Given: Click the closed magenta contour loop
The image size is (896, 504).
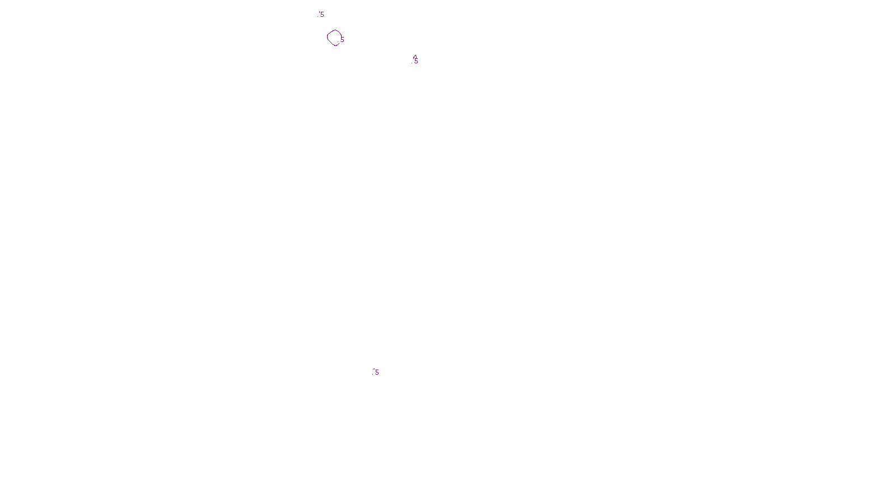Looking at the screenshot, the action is [334, 38].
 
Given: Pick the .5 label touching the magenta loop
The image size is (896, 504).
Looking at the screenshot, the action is [342, 40].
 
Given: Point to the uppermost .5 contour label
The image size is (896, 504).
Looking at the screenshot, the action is [321, 15].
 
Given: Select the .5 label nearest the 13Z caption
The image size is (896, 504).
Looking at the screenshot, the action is [376, 372].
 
